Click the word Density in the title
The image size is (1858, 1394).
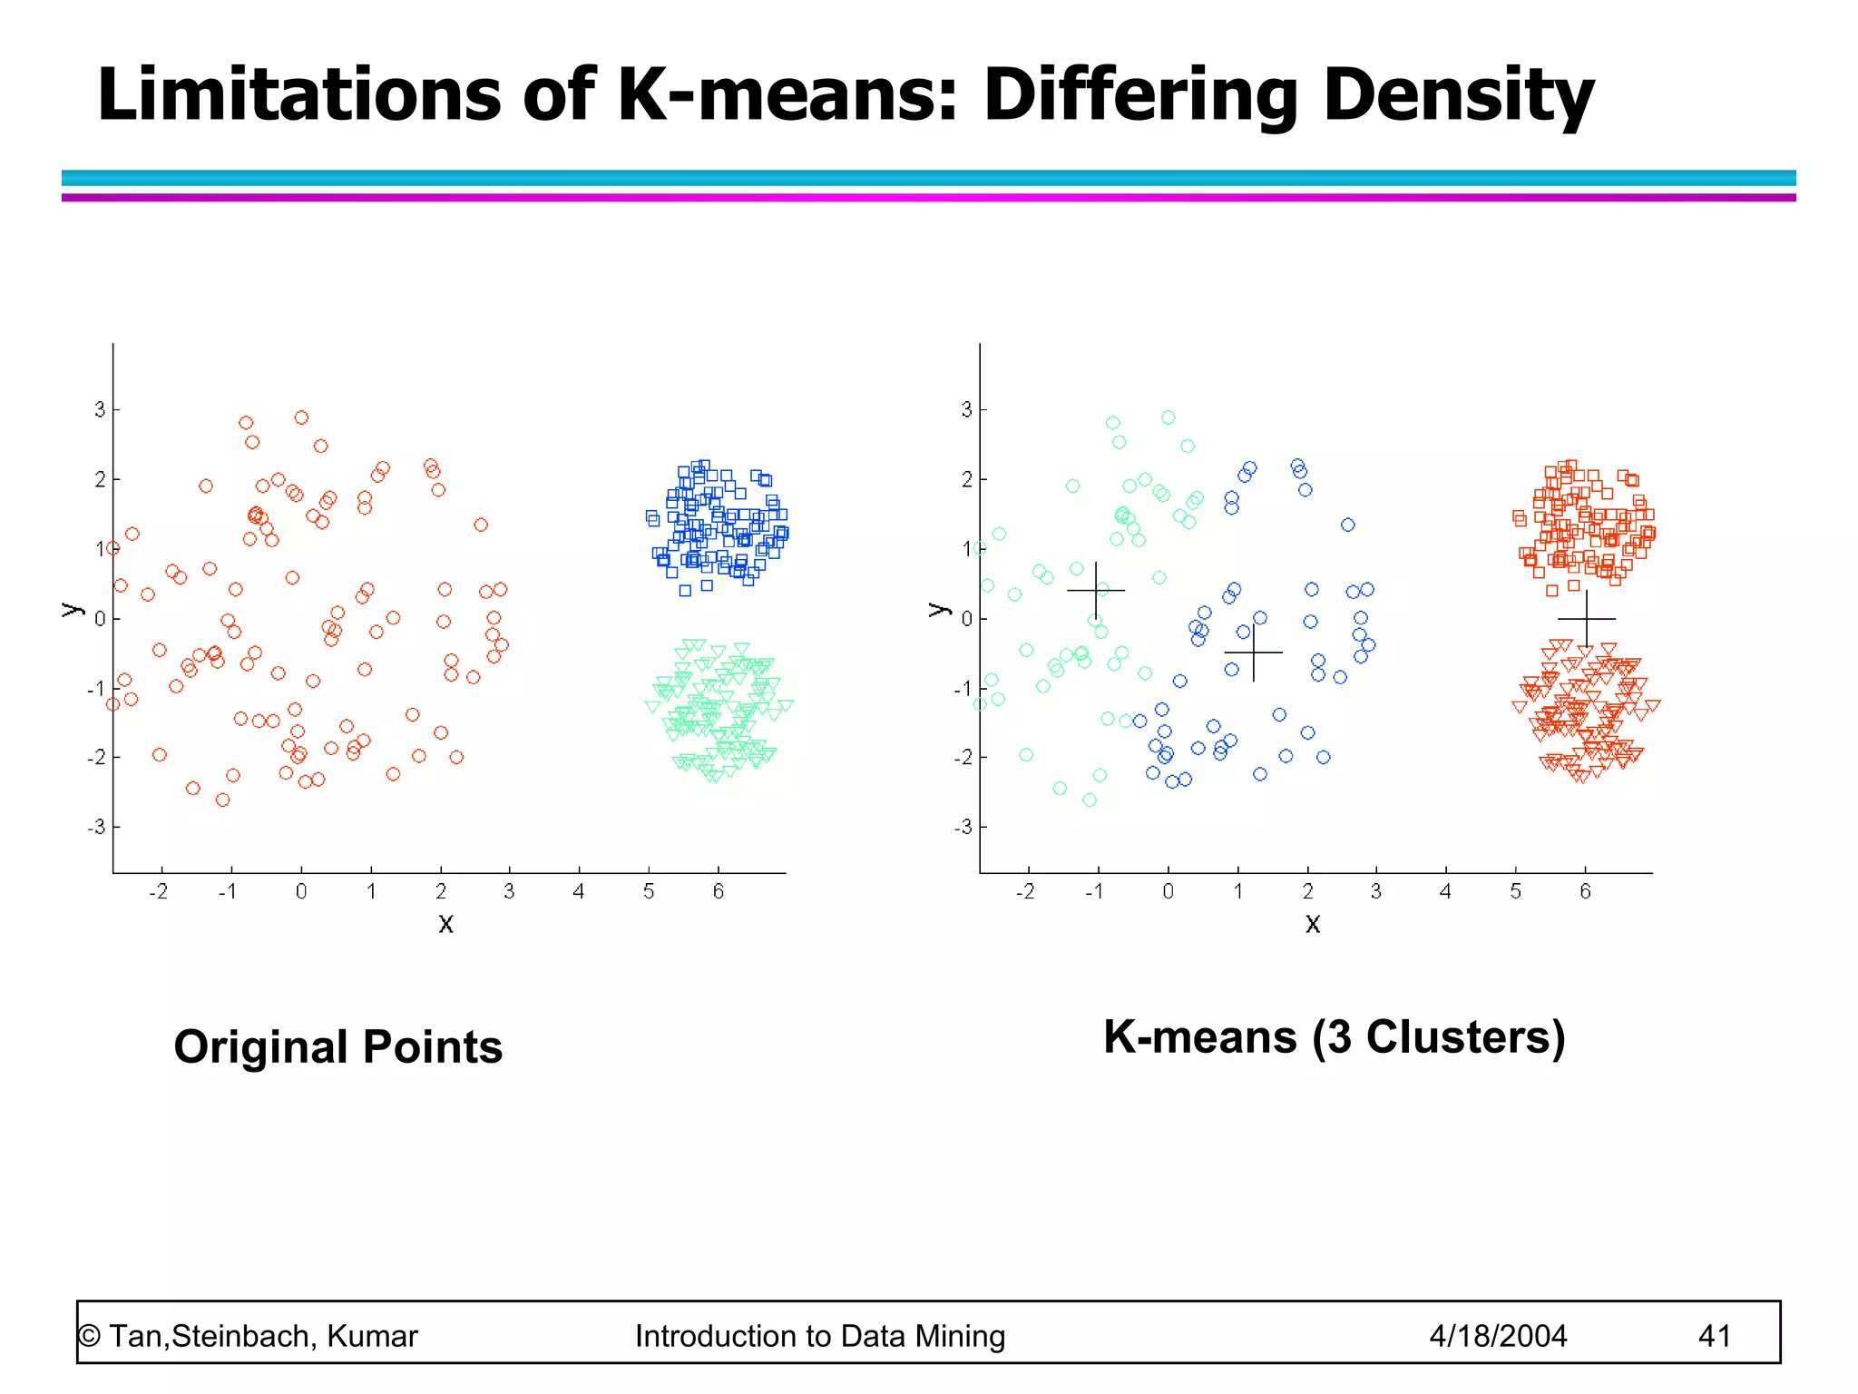(1457, 95)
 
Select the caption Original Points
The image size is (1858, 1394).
(337, 1046)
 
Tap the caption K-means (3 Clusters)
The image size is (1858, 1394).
(1334, 1036)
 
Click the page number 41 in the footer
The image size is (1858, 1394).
(1714, 1336)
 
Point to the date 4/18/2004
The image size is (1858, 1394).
(1498, 1336)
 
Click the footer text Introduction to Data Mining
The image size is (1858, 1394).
(819, 1336)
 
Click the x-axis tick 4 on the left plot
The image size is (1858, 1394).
(579, 891)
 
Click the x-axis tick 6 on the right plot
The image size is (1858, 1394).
(1585, 891)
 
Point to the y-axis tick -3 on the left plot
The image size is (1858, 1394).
(96, 827)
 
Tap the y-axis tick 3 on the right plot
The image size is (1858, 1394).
(967, 409)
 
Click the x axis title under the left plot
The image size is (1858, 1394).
(445, 924)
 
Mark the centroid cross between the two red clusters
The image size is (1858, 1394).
(1586, 619)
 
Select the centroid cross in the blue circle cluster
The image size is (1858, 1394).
(1254, 652)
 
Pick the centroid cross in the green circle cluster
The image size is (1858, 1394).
(1096, 591)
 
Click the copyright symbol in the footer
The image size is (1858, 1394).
(89, 1336)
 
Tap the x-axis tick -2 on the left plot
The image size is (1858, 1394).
(159, 891)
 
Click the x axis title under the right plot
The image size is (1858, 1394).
(1313, 924)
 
